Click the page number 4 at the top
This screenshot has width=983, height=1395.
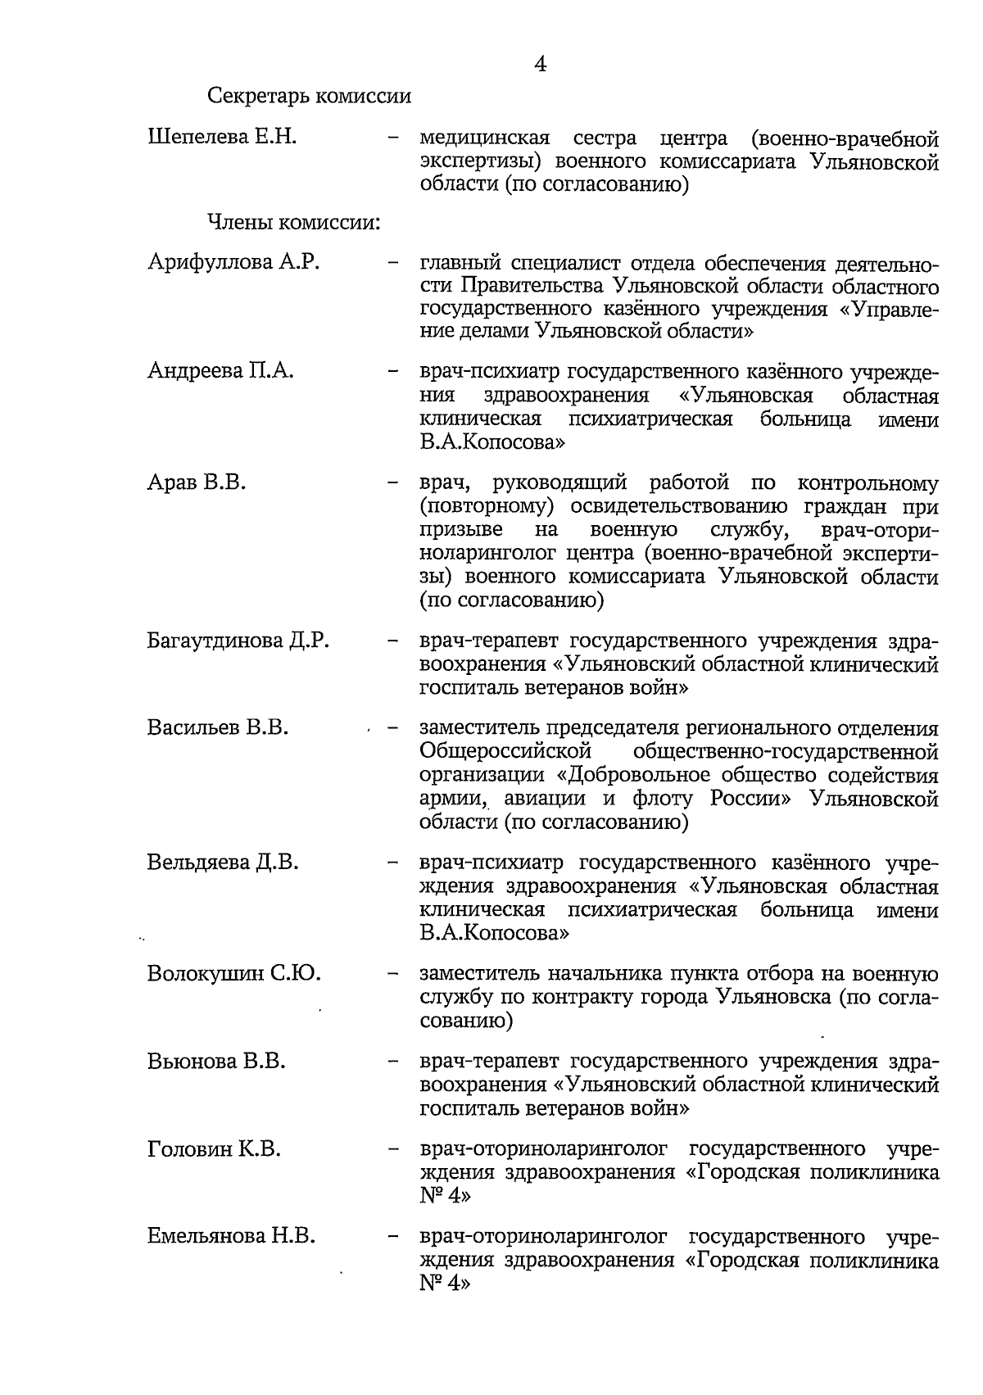540,64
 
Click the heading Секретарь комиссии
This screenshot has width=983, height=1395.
309,97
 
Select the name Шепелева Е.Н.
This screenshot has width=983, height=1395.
221,137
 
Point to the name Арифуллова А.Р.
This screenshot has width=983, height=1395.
233,262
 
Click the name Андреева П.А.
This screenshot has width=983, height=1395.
220,371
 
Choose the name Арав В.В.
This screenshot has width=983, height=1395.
197,482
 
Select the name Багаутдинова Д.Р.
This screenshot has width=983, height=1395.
238,640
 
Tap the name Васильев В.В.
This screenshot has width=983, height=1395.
218,727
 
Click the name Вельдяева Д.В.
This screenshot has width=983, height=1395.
223,863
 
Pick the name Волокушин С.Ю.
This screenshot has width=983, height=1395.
233,974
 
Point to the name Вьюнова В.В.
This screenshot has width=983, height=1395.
216,1062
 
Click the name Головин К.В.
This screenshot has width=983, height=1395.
214,1149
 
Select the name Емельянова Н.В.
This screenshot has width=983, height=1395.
231,1237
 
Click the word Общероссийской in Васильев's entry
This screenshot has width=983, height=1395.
505,751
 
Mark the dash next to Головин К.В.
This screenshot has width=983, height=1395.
393,1150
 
